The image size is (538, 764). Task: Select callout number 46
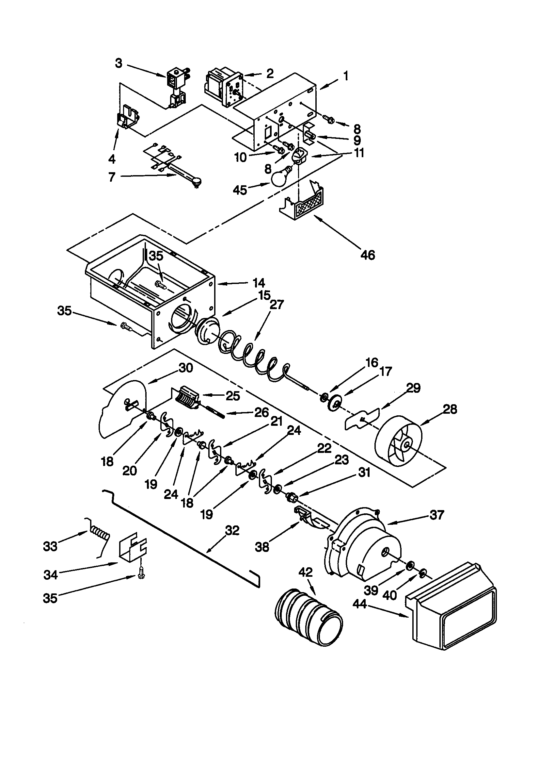pos(367,255)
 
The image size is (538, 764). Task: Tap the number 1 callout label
pos(346,76)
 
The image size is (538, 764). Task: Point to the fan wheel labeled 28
pos(398,443)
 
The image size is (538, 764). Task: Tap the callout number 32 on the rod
pos(232,530)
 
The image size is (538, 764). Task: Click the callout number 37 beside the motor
pos(436,515)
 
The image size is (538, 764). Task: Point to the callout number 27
pos(277,305)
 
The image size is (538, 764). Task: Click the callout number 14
pos(259,283)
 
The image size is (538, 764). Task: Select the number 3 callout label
pos(119,63)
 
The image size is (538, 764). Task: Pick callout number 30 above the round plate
pos(185,368)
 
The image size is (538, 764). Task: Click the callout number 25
pos(233,396)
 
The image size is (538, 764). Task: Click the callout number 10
pos(240,158)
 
